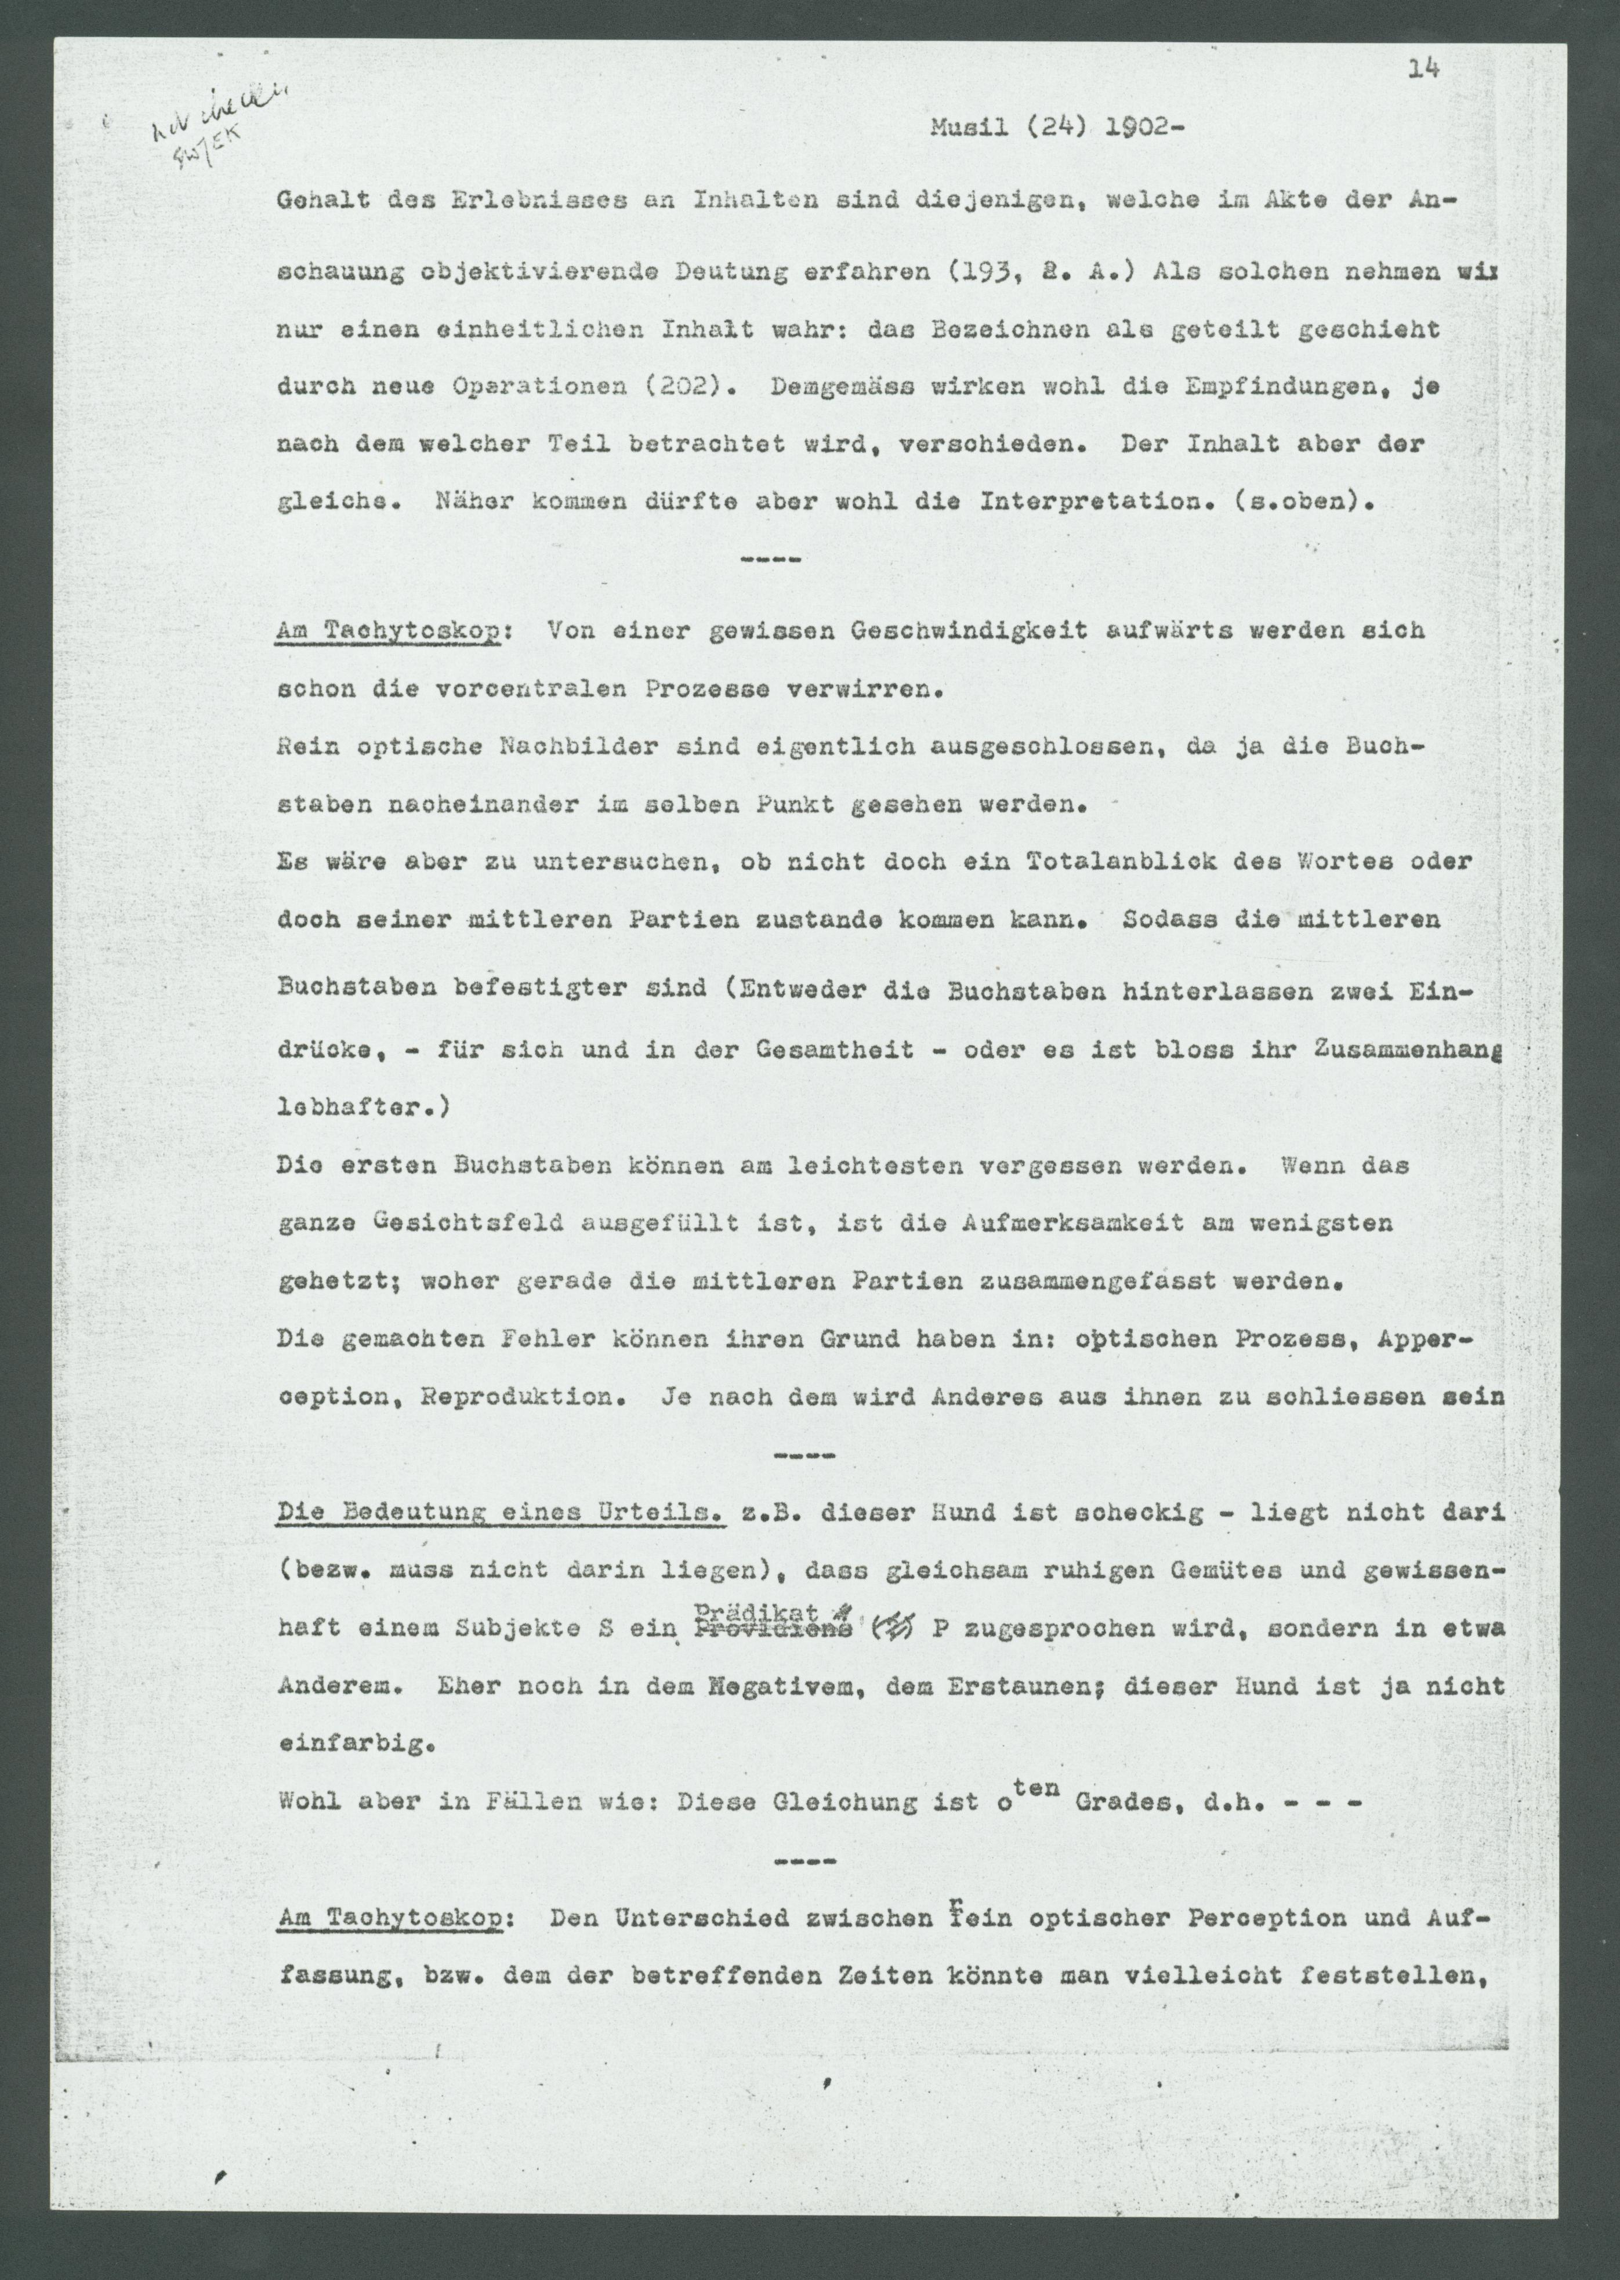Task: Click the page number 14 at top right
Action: pyautogui.click(x=1423, y=68)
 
